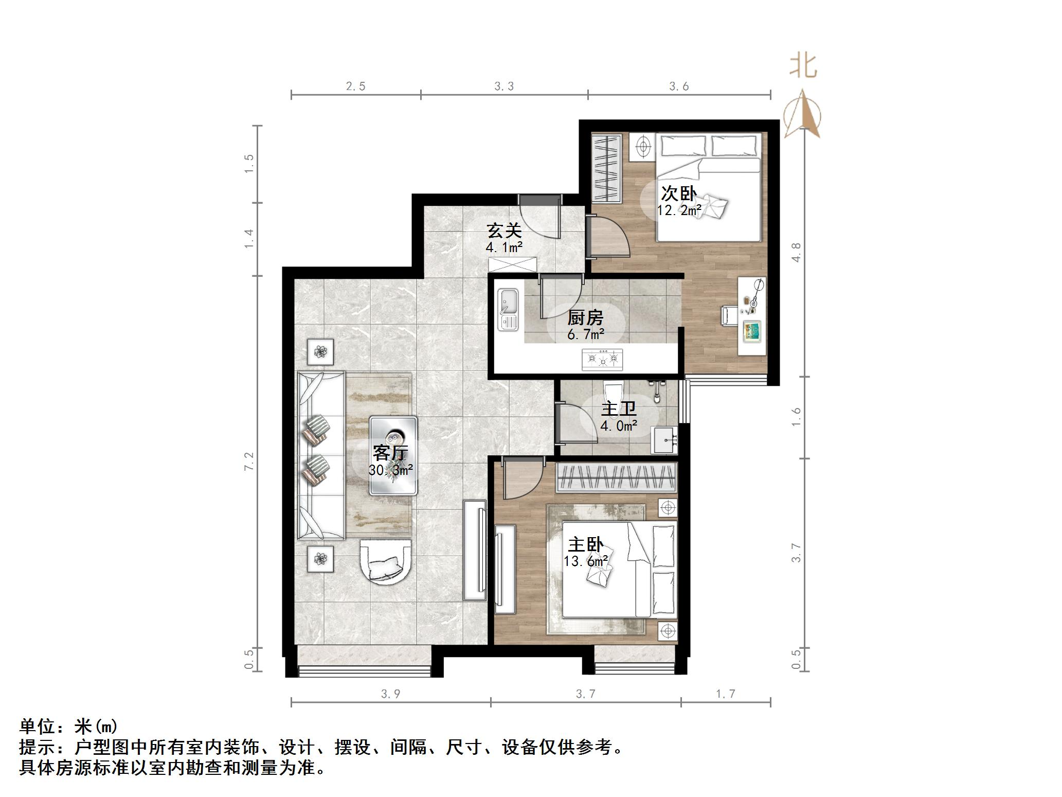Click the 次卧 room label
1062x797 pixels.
678,194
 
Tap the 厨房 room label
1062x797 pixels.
585,318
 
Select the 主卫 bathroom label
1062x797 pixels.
619,410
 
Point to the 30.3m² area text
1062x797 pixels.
391,470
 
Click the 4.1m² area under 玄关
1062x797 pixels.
504,247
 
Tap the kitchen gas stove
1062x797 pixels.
602,359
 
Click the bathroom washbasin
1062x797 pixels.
664,440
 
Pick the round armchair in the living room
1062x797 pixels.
385,562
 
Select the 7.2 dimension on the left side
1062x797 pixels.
249,462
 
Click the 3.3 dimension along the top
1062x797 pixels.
504,86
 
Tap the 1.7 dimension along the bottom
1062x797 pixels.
725,694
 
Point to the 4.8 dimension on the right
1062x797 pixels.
796,252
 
